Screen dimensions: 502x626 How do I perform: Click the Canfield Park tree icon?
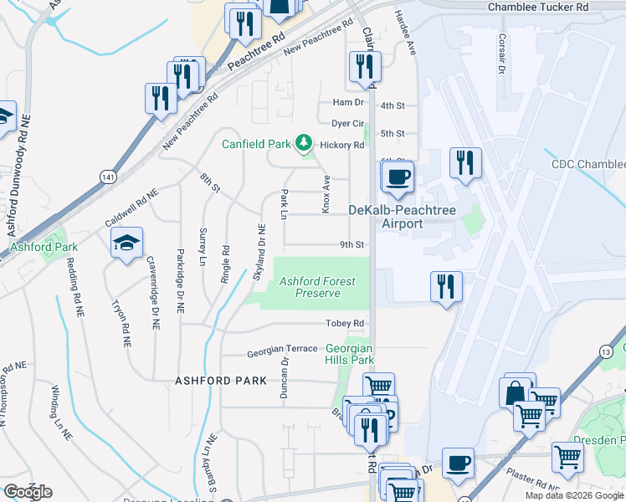pos(303,144)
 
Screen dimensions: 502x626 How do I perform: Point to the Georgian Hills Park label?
pos(349,354)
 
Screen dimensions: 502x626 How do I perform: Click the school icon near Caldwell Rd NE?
pos(126,243)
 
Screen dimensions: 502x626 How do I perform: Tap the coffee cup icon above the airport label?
pos(398,177)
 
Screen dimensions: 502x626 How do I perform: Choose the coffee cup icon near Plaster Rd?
pos(459,464)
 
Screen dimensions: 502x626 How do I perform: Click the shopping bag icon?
pos(516,392)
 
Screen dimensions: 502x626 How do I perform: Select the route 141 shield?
pos(106,177)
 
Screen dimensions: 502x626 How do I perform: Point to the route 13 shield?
pos(603,353)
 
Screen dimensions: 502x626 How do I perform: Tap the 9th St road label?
pos(351,245)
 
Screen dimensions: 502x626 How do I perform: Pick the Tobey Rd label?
pos(346,324)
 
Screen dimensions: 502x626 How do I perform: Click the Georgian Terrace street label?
pos(281,349)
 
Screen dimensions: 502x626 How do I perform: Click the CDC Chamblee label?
pos(588,165)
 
